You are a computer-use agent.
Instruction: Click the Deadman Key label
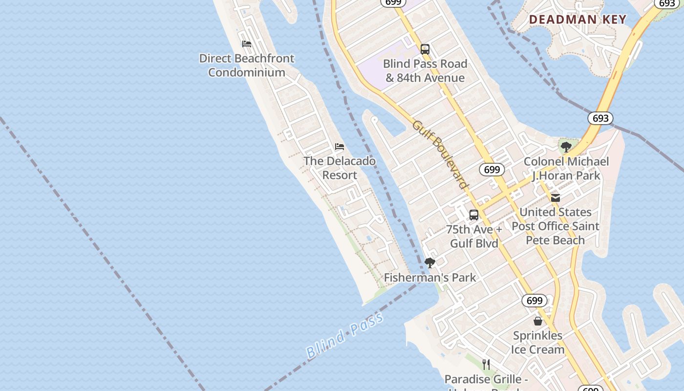tap(577, 20)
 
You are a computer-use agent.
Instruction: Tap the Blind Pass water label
tap(344, 336)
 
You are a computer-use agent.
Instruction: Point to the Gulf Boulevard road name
tap(440, 154)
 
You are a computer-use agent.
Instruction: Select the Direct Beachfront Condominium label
tap(247, 65)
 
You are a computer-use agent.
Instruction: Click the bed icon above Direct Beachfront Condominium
tap(247, 44)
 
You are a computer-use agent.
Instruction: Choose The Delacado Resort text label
tap(340, 168)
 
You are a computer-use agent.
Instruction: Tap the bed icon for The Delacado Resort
tap(340, 147)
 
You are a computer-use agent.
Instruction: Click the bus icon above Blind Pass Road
tap(425, 49)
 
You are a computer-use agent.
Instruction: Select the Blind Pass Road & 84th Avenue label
tap(425, 70)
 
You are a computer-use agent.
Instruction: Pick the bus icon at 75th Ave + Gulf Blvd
tap(473, 215)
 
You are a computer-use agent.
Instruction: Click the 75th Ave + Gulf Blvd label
tap(474, 236)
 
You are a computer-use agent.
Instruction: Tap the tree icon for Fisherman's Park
tap(429, 263)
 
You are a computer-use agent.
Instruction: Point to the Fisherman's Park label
tap(429, 278)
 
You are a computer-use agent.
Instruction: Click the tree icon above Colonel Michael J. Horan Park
tap(566, 147)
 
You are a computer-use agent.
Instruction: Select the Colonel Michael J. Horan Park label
tap(566, 168)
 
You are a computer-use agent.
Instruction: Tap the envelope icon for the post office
tap(556, 197)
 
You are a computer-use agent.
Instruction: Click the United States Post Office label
tap(556, 226)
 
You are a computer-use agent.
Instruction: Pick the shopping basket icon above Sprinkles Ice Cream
tap(538, 321)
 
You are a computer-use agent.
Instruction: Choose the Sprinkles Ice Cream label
tap(537, 342)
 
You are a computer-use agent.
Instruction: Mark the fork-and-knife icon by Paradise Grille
tap(486, 364)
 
